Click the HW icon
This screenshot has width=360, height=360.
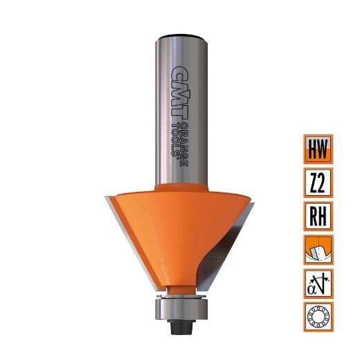(318, 150)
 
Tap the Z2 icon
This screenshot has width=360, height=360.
(318, 183)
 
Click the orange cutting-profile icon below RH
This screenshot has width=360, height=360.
(318, 249)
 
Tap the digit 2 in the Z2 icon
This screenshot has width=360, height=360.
(323, 183)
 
